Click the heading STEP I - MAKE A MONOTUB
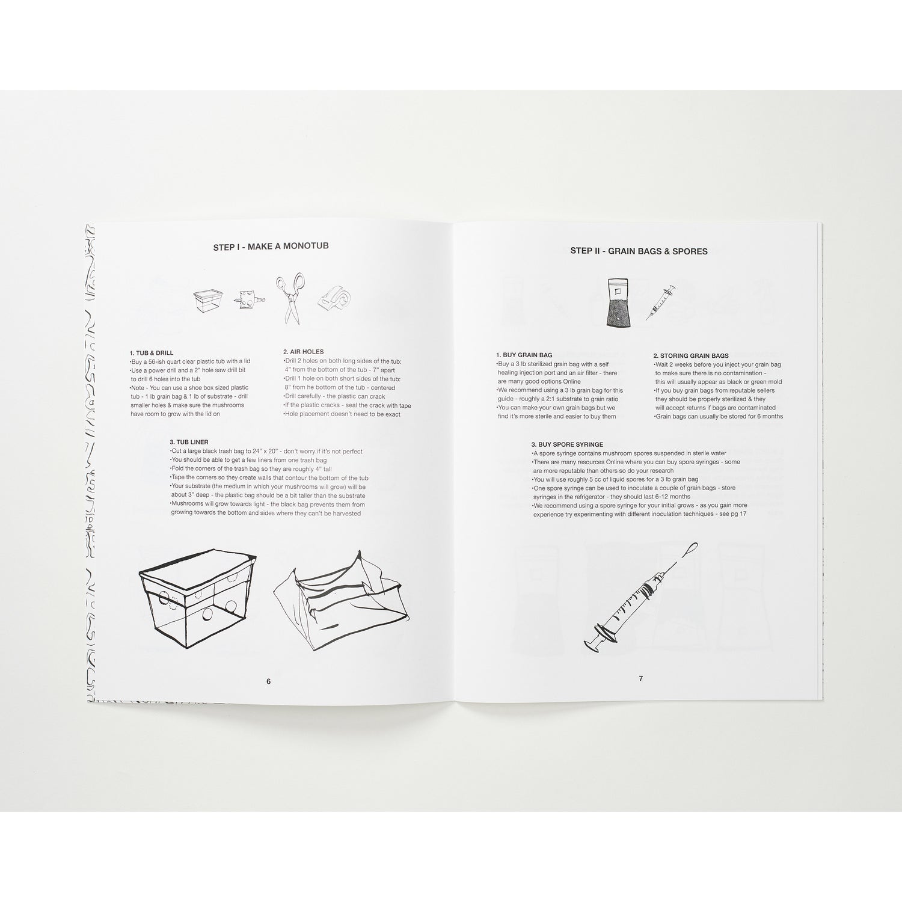click(271, 247)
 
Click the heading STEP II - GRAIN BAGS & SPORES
click(639, 251)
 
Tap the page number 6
click(269, 681)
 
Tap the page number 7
click(640, 678)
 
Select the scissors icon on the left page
click(290, 299)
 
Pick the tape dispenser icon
click(333, 296)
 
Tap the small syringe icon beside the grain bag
click(660, 304)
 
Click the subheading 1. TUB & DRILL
click(152, 353)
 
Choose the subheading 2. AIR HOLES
click(304, 352)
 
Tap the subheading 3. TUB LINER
click(189, 442)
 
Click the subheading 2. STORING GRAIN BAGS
click(691, 355)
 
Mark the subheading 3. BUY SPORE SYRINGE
click(567, 444)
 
